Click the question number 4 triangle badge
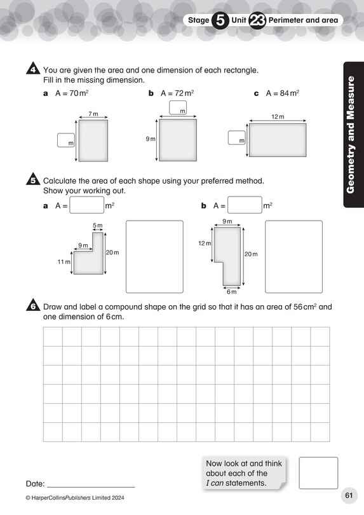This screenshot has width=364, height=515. (x=33, y=70)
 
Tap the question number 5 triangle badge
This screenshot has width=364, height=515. (x=33, y=181)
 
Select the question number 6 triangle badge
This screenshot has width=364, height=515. (x=33, y=306)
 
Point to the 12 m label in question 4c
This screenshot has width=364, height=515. (x=276, y=117)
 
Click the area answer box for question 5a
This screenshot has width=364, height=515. (x=86, y=205)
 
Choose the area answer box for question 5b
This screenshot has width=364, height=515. (x=245, y=205)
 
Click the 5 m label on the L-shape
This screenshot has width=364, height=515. (x=97, y=226)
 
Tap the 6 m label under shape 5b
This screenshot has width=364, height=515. (x=232, y=292)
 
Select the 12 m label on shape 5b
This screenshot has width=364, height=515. (x=204, y=244)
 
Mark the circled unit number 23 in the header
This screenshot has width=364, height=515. (x=257, y=20)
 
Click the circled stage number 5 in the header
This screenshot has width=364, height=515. (x=219, y=20)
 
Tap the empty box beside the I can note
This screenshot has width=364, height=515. (x=318, y=473)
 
